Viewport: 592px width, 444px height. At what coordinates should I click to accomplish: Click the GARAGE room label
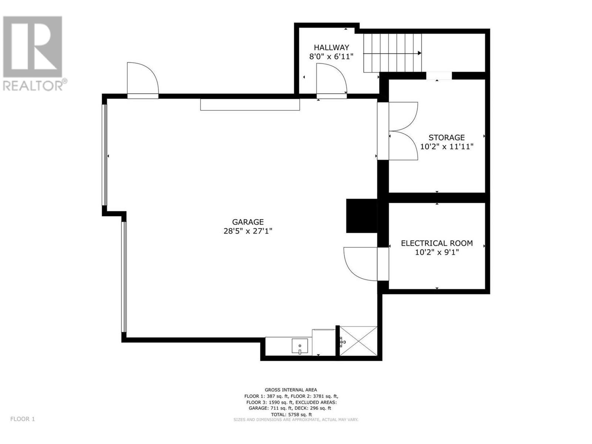[x=248, y=222]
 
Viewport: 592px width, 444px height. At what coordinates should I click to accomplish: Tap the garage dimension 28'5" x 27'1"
[x=248, y=231]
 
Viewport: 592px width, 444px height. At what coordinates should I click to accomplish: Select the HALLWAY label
[x=331, y=47]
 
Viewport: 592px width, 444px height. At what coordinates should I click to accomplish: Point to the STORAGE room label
[x=446, y=138]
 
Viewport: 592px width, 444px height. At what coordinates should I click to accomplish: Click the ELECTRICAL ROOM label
[x=437, y=243]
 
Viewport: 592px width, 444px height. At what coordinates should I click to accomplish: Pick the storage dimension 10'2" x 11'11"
[x=446, y=147]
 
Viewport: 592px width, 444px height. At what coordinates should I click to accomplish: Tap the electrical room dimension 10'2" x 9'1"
[x=437, y=252]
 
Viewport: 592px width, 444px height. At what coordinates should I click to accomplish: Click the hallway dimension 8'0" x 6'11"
[x=331, y=57]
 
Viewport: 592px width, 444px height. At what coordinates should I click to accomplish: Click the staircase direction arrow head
[x=420, y=53]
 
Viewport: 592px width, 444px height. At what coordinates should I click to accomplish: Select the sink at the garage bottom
[x=300, y=347]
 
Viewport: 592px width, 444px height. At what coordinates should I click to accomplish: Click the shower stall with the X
[x=358, y=340]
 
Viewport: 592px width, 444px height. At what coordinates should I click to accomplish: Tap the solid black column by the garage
[x=361, y=216]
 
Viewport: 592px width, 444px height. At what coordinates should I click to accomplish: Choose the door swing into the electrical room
[x=361, y=263]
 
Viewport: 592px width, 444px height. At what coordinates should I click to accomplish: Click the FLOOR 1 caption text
[x=23, y=419]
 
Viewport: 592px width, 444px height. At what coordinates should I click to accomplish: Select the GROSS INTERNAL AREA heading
[x=290, y=390]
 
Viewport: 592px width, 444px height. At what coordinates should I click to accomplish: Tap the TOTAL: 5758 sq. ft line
[x=290, y=414]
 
